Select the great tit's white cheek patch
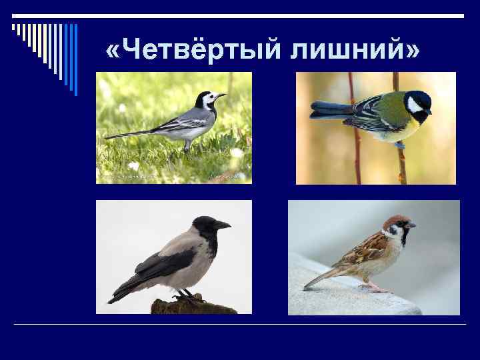[x=415, y=105]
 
